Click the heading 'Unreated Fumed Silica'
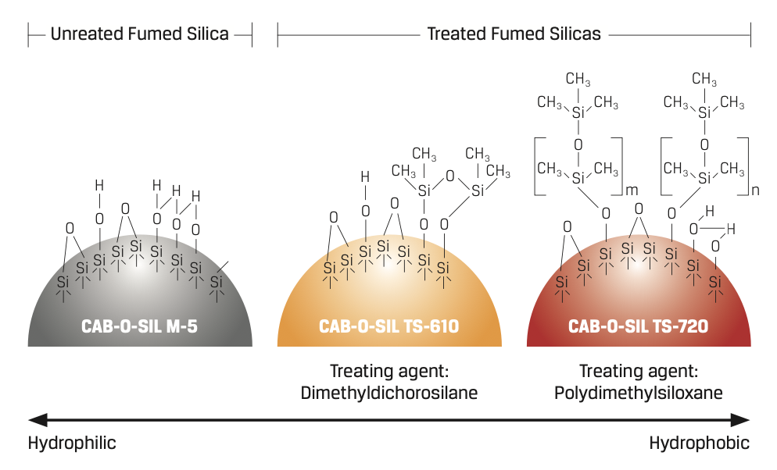click(x=139, y=34)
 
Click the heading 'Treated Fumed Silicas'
click(x=514, y=34)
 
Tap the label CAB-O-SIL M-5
click(x=139, y=326)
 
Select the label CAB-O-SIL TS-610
click(x=388, y=326)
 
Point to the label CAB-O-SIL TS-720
click(x=639, y=326)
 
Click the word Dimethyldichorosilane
click(x=388, y=393)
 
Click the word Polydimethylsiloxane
click(x=639, y=393)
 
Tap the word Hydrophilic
click(x=72, y=443)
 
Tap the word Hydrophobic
click(x=699, y=443)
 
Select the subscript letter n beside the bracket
click(x=757, y=190)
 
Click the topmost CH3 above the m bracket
click(x=578, y=80)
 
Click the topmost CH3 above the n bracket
click(x=704, y=80)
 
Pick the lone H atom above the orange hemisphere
click(x=364, y=176)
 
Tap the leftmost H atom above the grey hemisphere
click(x=98, y=185)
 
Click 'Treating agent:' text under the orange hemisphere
click(x=388, y=372)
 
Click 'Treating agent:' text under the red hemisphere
click(x=639, y=372)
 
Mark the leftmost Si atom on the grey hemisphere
click(x=63, y=282)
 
